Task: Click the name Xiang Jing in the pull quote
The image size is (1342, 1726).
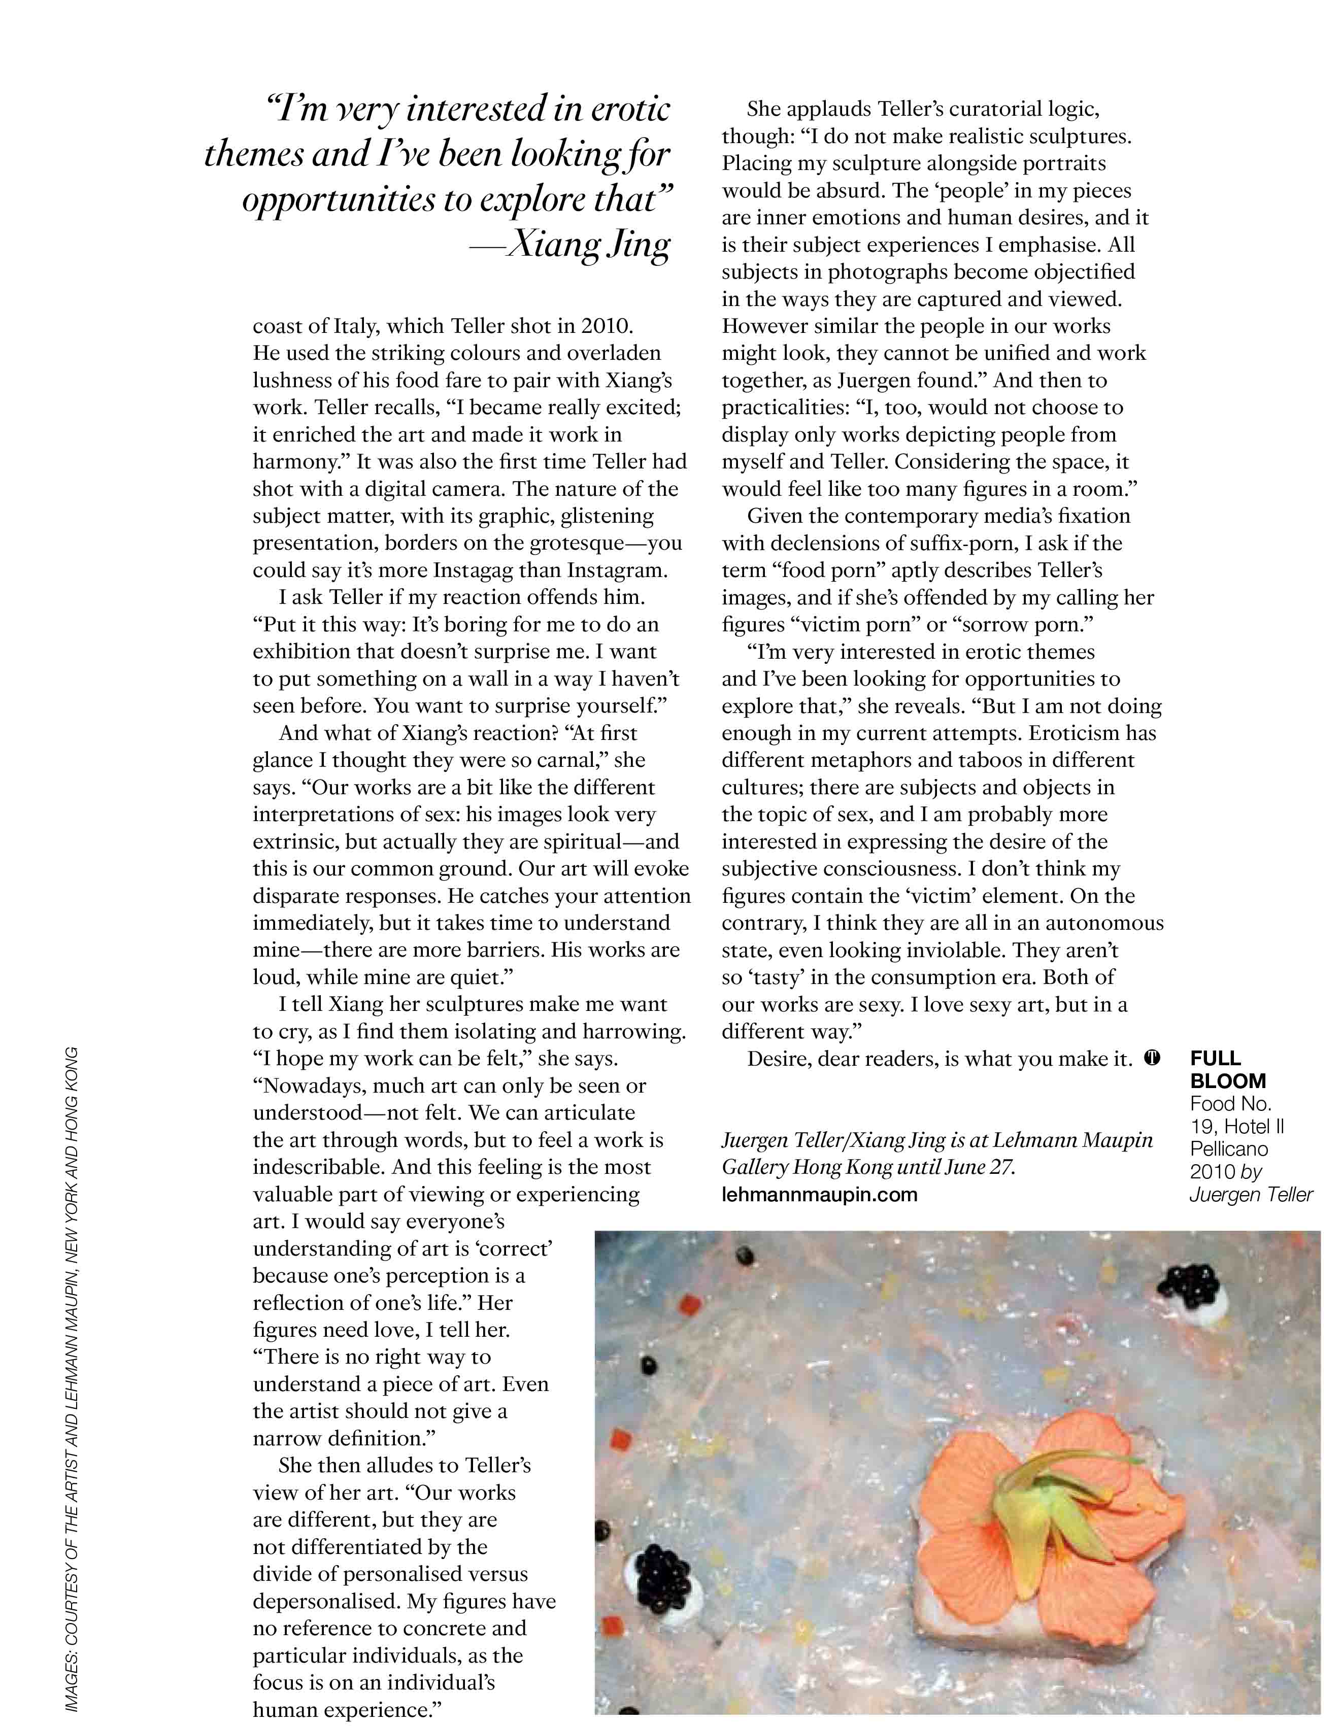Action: [588, 246]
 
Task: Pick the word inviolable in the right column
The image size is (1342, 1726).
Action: [952, 950]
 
